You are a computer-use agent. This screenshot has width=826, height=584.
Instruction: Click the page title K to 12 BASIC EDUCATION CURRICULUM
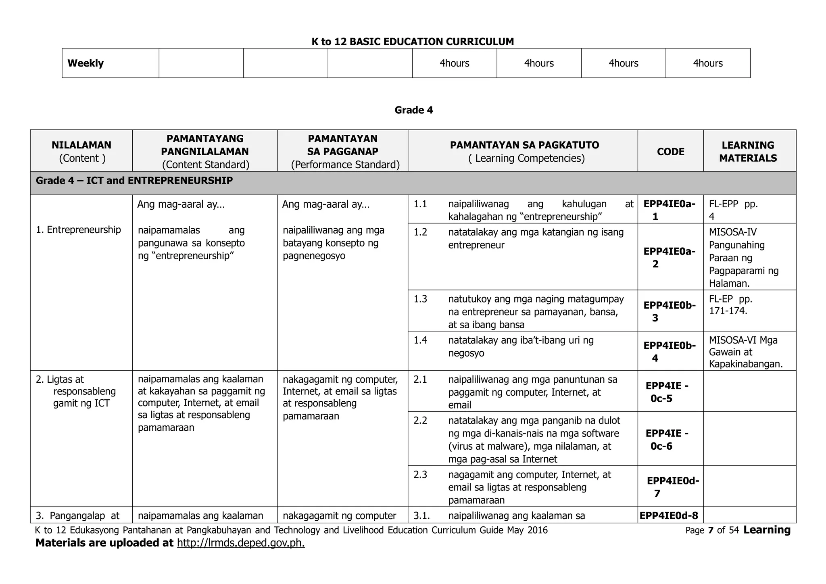tap(413, 42)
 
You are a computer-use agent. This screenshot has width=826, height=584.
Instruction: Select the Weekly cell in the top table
tap(86, 63)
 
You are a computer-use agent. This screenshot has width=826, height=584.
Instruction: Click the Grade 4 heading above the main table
tap(413, 110)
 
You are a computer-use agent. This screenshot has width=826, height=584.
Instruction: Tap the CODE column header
tap(670, 152)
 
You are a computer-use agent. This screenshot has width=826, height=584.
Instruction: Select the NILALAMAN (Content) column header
tap(81, 151)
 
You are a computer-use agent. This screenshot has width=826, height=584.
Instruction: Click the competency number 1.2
tap(420, 232)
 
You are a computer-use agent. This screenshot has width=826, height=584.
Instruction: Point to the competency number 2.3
tap(420, 475)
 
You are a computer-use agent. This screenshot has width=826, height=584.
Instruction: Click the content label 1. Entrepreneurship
tap(78, 230)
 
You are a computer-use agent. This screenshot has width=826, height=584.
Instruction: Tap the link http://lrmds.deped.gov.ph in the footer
tap(241, 543)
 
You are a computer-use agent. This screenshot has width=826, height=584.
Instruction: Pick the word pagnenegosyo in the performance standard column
tap(314, 256)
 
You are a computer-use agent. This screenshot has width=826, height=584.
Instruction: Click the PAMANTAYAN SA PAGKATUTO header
tap(524, 145)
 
